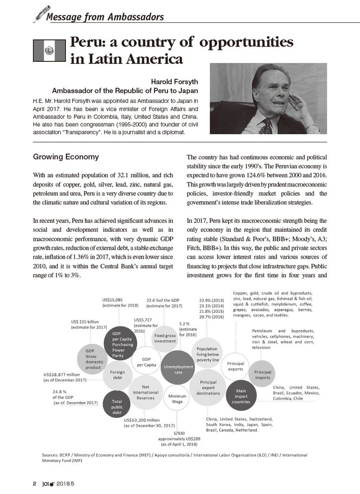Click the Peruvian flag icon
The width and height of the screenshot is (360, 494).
coord(49,51)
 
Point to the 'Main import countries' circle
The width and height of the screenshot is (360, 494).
coord(241,396)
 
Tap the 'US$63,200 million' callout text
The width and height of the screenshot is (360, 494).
coord(145,419)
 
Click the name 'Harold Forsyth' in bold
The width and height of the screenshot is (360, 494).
coord(179,82)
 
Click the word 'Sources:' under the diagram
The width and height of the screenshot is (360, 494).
coord(51,455)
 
